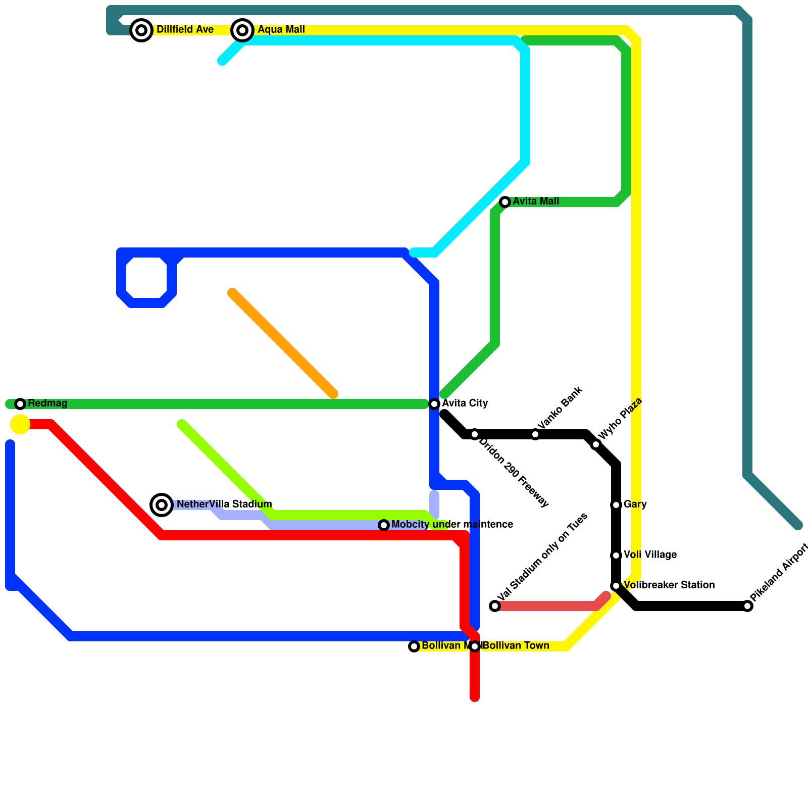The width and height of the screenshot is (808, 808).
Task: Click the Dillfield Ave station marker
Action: [x=142, y=30]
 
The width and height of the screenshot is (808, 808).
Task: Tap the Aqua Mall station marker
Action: [x=242, y=30]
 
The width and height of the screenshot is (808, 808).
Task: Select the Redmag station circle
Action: [x=20, y=404]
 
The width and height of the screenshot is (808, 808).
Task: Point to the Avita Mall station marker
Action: [x=505, y=202]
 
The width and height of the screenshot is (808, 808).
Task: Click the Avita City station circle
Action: [x=434, y=404]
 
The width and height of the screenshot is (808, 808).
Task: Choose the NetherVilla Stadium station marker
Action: [x=162, y=504]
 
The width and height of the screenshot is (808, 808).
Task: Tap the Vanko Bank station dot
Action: [x=535, y=434]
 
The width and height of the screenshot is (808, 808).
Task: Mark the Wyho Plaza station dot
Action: [x=596, y=444]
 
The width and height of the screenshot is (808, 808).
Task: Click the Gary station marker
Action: [x=616, y=505]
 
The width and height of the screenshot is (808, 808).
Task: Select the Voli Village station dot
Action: [x=616, y=555]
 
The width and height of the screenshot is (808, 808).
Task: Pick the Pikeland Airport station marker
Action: [x=748, y=606]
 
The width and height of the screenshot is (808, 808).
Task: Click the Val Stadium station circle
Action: [x=495, y=606]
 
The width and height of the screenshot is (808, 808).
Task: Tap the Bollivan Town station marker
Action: [x=475, y=646]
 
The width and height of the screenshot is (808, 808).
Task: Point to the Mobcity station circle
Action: [x=384, y=525]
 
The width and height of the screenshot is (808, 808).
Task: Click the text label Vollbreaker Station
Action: [x=669, y=585]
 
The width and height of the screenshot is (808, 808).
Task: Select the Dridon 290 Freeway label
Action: [x=513, y=473]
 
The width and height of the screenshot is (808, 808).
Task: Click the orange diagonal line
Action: [x=283, y=343]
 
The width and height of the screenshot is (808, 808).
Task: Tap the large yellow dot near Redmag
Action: [x=20, y=424]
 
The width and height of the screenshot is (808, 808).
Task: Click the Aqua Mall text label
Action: [x=281, y=30]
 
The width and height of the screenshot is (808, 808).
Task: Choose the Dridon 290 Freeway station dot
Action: [x=475, y=434]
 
